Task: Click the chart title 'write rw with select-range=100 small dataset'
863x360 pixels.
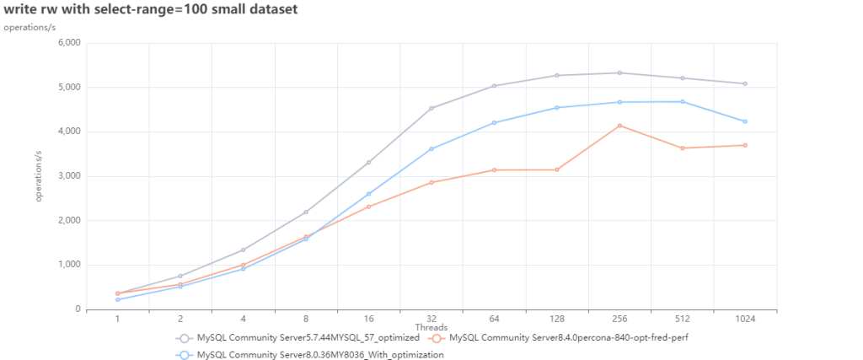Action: [x=149, y=9]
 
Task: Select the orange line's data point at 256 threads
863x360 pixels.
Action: [x=619, y=126]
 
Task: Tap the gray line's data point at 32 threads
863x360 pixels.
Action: [x=431, y=108]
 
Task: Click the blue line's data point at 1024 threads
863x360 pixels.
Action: [x=745, y=121]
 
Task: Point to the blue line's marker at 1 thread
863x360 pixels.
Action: [x=118, y=299]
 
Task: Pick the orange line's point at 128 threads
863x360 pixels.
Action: [x=557, y=169]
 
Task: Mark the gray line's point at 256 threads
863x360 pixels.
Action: [x=619, y=73]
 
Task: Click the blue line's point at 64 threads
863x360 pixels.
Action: [x=494, y=123]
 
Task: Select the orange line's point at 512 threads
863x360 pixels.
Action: [x=683, y=148]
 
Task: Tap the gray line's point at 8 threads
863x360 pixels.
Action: [x=306, y=212]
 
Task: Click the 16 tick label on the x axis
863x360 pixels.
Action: [x=368, y=319]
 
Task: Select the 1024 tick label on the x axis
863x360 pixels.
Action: [x=745, y=319]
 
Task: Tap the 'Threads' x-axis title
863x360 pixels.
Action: [x=431, y=327]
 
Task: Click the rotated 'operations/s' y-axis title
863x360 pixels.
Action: [x=39, y=175]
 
